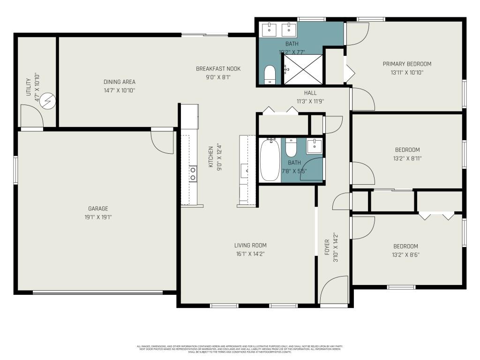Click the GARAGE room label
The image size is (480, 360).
pyautogui.click(x=98, y=209)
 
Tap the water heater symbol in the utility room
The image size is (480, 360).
pyautogui.click(x=48, y=100)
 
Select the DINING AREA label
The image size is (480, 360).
pyautogui.click(x=120, y=82)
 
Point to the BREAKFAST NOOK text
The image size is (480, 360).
pyautogui.click(x=218, y=69)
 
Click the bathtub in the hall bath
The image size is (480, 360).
pyautogui.click(x=270, y=160)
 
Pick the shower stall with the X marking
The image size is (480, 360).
pyautogui.click(x=302, y=69)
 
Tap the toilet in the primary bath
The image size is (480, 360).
pyautogui.click(x=270, y=75)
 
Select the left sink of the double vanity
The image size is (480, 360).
pyautogui.click(x=270, y=29)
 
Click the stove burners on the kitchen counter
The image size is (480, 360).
pyautogui.click(x=192, y=173)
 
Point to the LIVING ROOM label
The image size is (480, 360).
pyautogui.click(x=250, y=245)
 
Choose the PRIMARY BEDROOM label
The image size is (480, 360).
pyautogui.click(x=407, y=64)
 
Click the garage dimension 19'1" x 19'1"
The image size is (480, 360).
pyautogui.click(x=98, y=217)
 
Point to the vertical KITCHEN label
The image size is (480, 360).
pyautogui.click(x=211, y=157)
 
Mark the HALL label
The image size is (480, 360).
pyautogui.click(x=310, y=93)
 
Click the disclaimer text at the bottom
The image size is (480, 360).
pyautogui.click(x=240, y=349)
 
